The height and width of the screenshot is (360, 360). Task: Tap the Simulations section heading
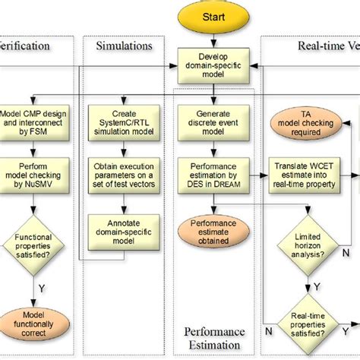(124, 46)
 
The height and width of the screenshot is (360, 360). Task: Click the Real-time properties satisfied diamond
(308, 330)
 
